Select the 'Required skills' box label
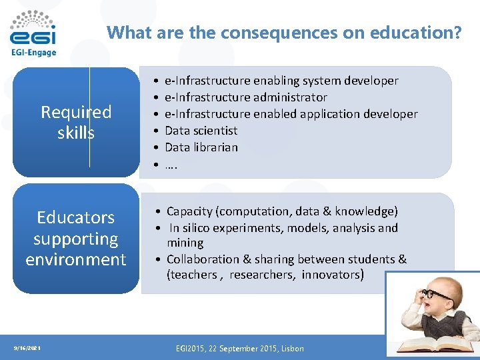click(x=76, y=123)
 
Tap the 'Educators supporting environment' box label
click(x=76, y=238)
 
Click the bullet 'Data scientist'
click(x=201, y=131)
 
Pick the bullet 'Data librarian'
click(x=201, y=147)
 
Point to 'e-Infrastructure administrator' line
click(x=245, y=97)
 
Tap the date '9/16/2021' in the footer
click(x=27, y=348)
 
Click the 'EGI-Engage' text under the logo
click(x=33, y=53)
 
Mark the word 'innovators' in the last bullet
click(x=333, y=275)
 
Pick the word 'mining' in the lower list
click(x=185, y=243)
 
